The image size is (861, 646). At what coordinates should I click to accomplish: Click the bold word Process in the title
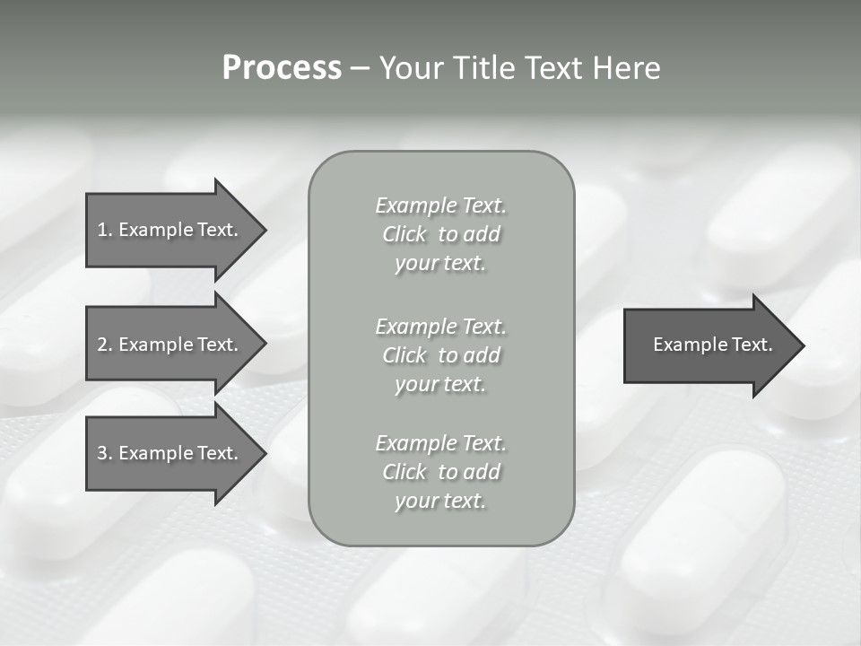click(x=282, y=68)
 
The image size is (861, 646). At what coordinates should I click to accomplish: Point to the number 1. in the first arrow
click(x=105, y=230)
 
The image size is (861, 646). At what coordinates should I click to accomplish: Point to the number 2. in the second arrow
click(x=105, y=345)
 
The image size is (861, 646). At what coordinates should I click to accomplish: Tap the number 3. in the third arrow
click(x=105, y=453)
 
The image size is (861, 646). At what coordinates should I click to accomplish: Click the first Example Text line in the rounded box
click(x=440, y=205)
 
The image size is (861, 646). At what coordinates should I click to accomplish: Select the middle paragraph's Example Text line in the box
click(x=440, y=326)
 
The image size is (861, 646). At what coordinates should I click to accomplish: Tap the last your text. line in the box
click(x=440, y=502)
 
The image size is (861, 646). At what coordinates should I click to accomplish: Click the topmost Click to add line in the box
click(x=440, y=234)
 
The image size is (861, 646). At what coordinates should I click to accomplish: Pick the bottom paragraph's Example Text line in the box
click(x=440, y=443)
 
